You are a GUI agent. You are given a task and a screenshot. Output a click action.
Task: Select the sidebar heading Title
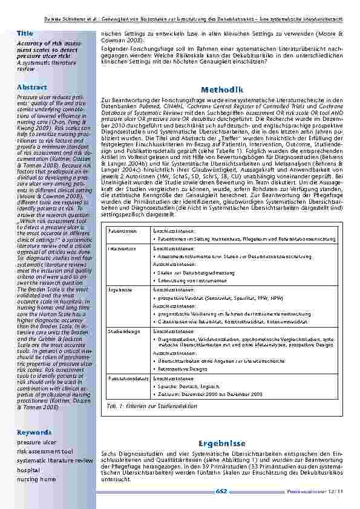tap(25, 32)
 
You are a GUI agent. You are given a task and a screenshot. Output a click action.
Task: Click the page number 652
tap(221, 491)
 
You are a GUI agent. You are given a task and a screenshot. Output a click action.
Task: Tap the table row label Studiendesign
tap(123, 331)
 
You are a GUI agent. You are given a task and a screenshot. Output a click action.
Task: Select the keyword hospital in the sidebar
tap(28, 469)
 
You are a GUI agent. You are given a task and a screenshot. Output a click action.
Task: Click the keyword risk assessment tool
tap(45, 451)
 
